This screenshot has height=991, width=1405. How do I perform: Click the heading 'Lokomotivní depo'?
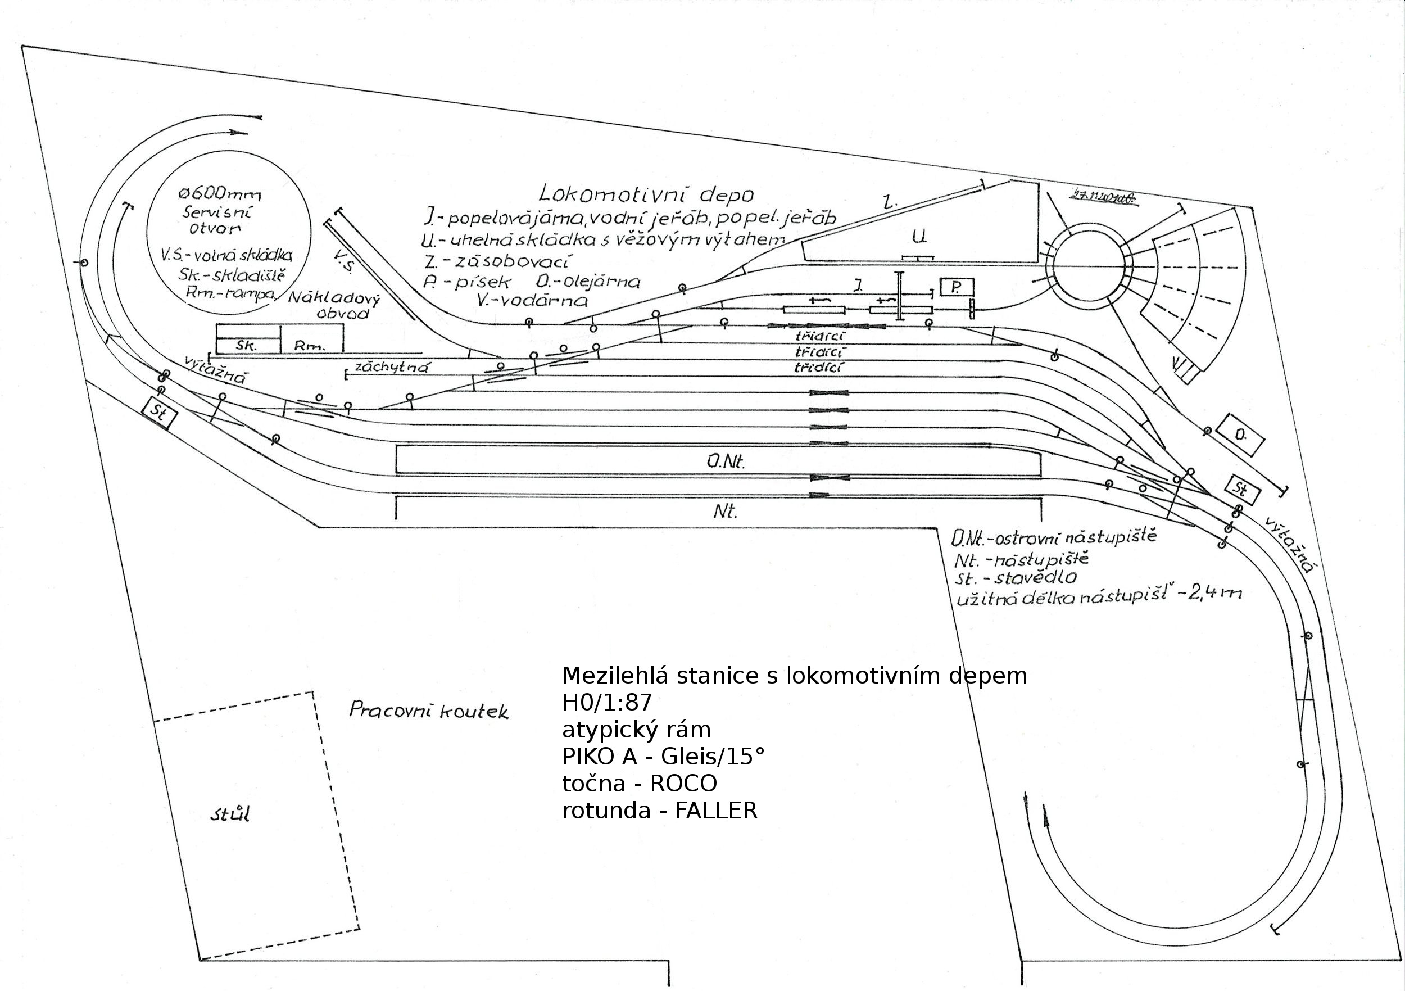(x=646, y=194)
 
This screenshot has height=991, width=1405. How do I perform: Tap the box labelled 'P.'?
(x=956, y=287)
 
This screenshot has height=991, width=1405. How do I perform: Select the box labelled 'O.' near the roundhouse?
(x=1240, y=435)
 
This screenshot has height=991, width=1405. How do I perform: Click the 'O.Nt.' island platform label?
(x=726, y=461)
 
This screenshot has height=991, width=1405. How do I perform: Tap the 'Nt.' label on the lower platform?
(x=726, y=510)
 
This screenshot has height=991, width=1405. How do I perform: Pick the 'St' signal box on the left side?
(x=159, y=413)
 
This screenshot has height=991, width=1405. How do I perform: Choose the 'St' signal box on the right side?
(x=1242, y=489)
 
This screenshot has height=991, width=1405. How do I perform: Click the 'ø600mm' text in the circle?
(x=220, y=194)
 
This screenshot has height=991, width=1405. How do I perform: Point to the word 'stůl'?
(x=230, y=814)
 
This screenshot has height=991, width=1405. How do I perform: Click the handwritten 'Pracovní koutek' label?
(x=428, y=710)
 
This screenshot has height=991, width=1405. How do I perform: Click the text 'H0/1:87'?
(x=607, y=703)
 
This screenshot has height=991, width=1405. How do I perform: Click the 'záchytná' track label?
(x=392, y=367)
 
